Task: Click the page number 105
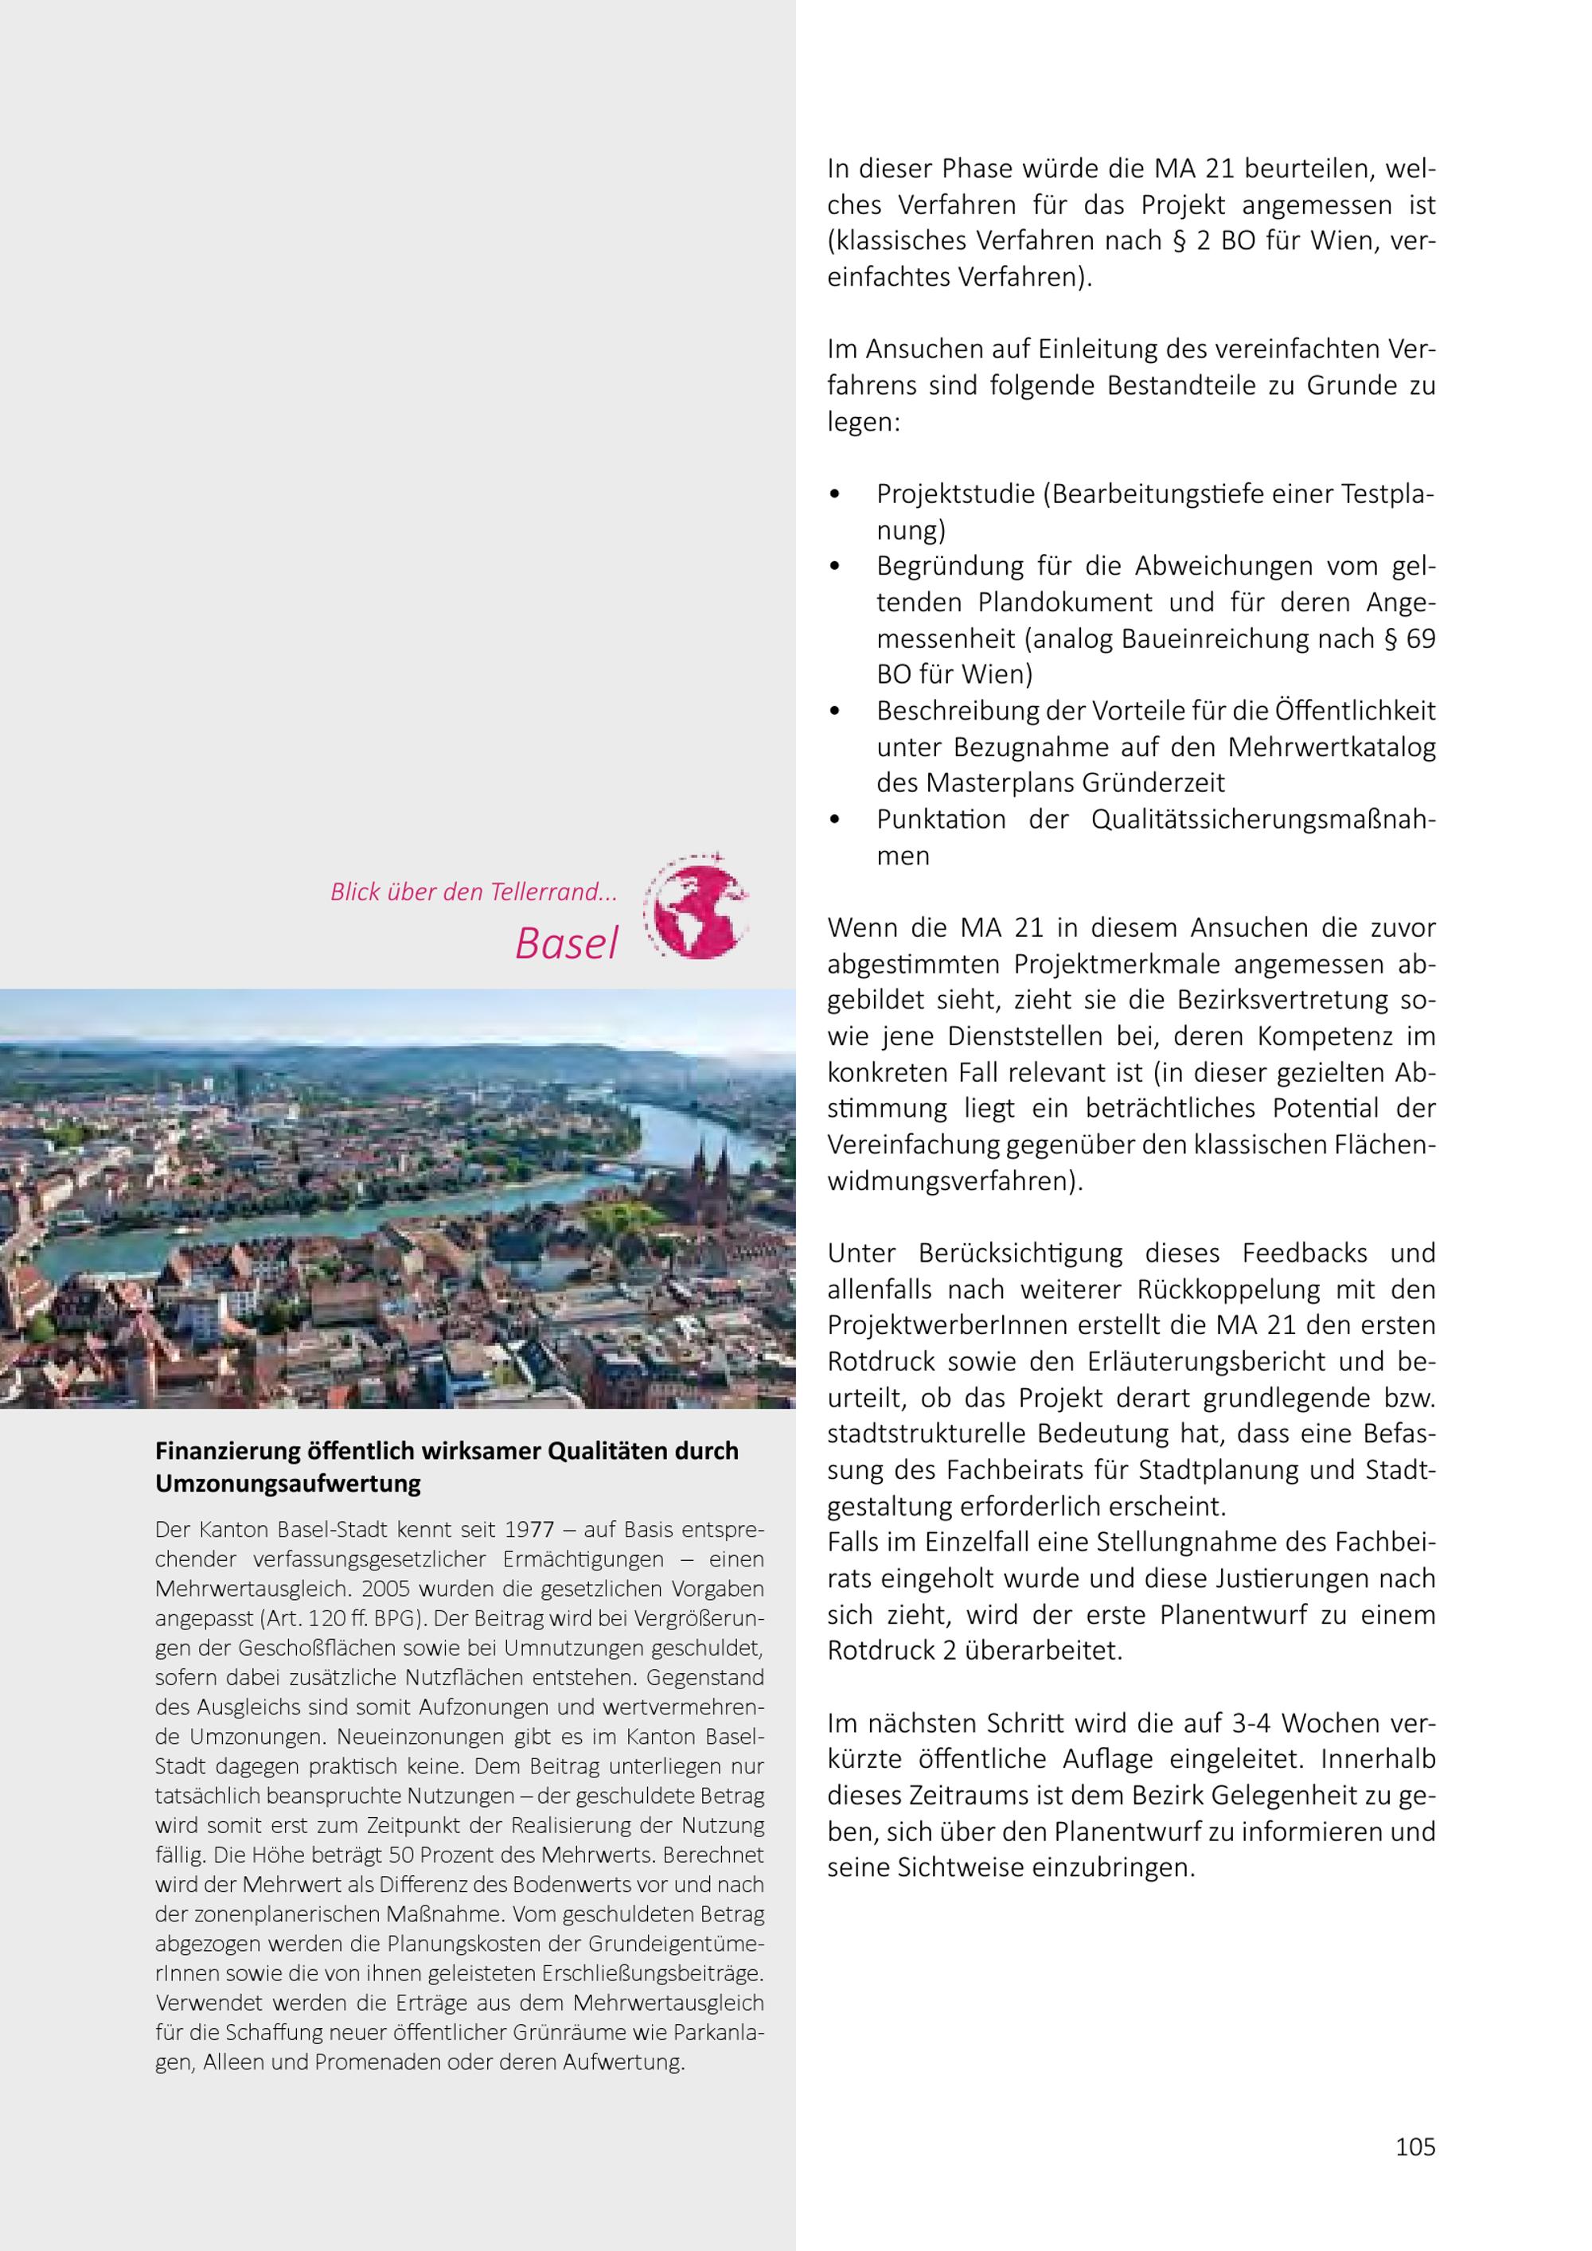(x=1414, y=2146)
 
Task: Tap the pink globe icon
(x=696, y=907)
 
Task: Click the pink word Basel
(x=567, y=943)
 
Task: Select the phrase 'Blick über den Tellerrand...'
(x=474, y=892)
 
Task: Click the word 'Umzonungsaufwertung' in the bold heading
(x=287, y=1484)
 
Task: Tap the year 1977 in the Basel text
(x=529, y=1529)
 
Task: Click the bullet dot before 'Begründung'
(x=835, y=566)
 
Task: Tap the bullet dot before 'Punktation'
(x=835, y=820)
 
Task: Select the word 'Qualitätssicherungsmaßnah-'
(x=1262, y=820)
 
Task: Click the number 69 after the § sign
(x=1420, y=639)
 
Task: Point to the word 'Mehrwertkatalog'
(x=1331, y=747)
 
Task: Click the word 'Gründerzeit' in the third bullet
(x=1153, y=783)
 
